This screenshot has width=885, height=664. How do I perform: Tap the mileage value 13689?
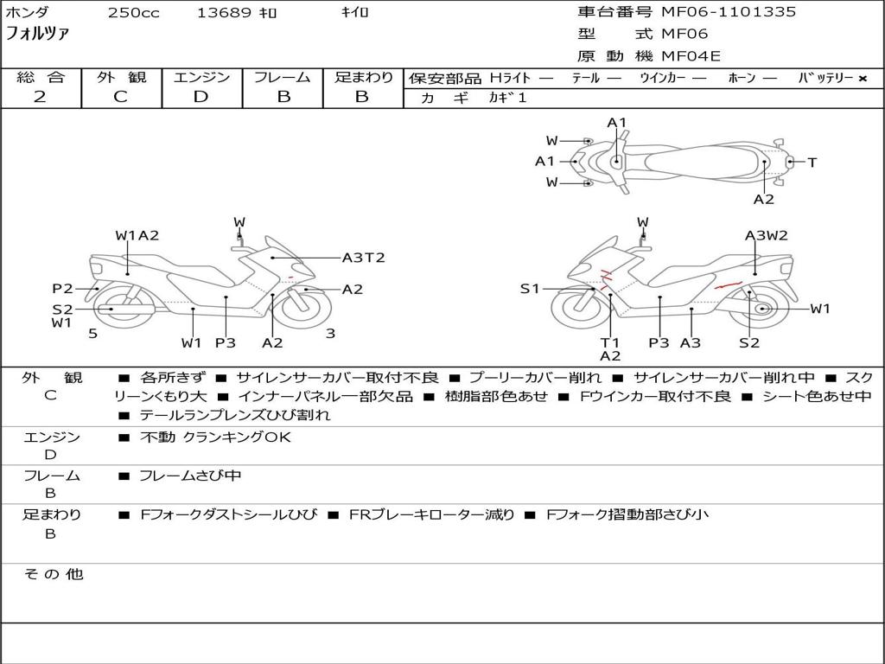[x=224, y=13]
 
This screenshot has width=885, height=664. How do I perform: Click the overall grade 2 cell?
[x=40, y=97]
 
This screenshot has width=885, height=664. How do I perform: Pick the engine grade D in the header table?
[x=201, y=97]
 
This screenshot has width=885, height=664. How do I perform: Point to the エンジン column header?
[x=201, y=77]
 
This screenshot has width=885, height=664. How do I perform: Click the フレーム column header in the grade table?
[x=283, y=77]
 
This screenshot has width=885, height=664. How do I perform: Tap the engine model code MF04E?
[x=691, y=56]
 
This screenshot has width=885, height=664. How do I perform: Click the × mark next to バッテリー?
[x=862, y=78]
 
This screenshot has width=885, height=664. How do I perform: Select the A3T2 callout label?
[x=363, y=258]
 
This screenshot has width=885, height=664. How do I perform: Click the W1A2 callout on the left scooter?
[x=137, y=235]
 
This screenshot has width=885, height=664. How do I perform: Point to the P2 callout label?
[x=62, y=289]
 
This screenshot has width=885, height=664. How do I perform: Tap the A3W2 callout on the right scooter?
[x=766, y=235]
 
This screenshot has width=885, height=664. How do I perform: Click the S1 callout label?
[x=529, y=289]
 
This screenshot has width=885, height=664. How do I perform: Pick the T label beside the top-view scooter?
[x=812, y=162]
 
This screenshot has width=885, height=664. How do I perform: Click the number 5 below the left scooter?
[x=92, y=334]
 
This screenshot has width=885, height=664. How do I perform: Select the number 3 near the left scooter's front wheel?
[x=330, y=334]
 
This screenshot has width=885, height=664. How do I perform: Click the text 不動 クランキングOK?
[x=215, y=437]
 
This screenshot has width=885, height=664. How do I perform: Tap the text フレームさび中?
[x=190, y=476]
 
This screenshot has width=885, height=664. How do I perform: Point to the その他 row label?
[x=52, y=574]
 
